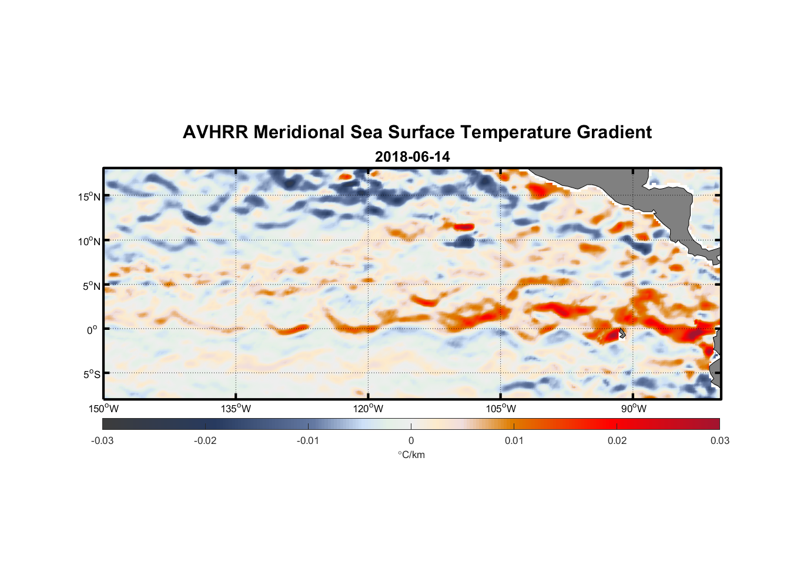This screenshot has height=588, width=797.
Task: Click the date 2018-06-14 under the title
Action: tap(412, 157)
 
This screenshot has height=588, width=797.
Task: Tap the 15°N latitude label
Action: tap(89, 196)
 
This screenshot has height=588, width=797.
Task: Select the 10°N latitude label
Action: tap(89, 241)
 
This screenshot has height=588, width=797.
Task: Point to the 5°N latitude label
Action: tap(92, 286)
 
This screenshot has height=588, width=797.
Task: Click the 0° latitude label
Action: tap(92, 330)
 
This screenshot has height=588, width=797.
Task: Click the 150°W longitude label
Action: tap(103, 409)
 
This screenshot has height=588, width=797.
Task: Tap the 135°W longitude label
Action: tap(236, 409)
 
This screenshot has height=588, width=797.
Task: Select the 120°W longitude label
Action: tap(369, 409)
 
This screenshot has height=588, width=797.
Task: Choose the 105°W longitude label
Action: tap(501, 409)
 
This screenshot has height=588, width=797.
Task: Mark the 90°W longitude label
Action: tap(634, 409)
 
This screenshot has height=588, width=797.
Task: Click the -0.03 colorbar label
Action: tap(102, 440)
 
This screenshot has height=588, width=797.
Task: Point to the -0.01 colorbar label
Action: tap(307, 440)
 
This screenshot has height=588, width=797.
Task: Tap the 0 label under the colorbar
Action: tap(411, 440)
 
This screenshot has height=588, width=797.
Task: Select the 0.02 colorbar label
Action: tap(617, 440)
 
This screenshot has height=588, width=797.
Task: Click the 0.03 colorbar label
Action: tap(719, 440)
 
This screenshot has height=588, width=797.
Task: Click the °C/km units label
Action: tap(411, 455)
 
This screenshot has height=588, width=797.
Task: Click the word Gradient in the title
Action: tap(614, 132)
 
